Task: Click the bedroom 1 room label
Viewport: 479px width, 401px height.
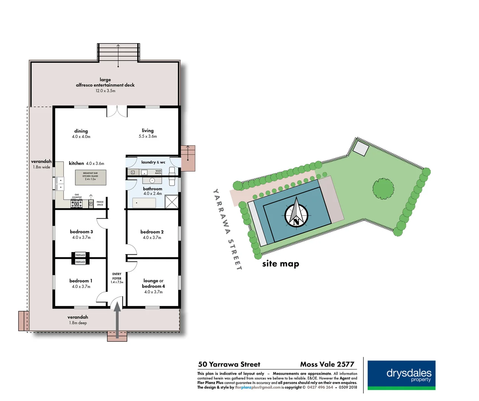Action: pos(81,281)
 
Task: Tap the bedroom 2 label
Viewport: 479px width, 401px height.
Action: pos(152,232)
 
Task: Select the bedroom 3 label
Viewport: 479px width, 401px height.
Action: pos(81,232)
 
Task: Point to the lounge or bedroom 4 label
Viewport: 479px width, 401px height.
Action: pos(153,283)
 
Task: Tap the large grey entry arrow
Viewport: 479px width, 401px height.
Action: pos(117,319)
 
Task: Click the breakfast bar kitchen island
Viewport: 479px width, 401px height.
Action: pos(91,177)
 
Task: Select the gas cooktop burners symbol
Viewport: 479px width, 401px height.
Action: pos(76,204)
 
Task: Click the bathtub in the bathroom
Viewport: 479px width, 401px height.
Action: pos(144,203)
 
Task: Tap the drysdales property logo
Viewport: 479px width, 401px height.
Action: pos(401,375)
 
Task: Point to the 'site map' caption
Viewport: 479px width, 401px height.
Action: pos(280,264)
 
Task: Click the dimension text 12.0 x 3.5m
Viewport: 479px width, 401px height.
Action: pos(105,91)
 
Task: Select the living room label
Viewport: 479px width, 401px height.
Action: pos(147,130)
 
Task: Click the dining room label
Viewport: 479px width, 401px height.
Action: pos(81,131)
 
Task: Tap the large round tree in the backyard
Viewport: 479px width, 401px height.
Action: pos(383,189)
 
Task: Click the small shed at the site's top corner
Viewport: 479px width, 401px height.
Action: pos(361,149)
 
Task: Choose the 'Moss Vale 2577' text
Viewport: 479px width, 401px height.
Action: pos(327,364)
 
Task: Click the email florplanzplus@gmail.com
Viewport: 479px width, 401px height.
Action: pos(258,387)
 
